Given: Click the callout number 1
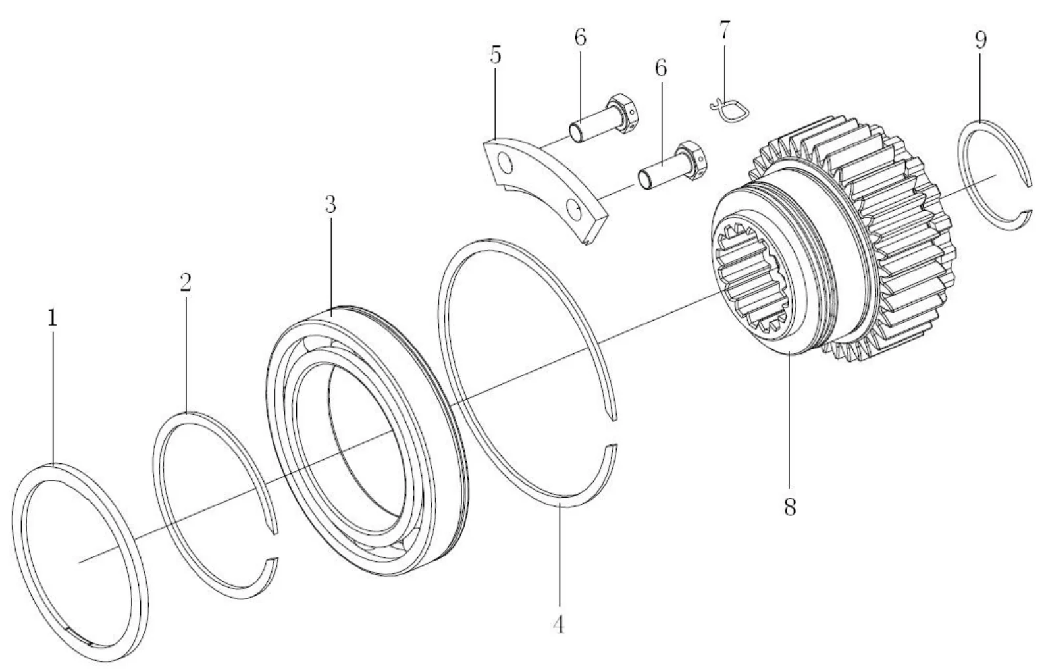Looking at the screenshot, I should [x=51, y=319].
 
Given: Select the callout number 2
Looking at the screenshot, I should [x=185, y=283].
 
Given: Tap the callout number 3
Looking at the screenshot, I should [x=330, y=205].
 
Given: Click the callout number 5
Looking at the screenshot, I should [x=495, y=56].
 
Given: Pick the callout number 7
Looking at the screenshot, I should [x=724, y=32].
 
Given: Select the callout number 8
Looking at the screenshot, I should [x=789, y=507].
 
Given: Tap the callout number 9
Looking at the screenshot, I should [x=980, y=41].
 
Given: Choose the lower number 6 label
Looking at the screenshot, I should [x=660, y=68].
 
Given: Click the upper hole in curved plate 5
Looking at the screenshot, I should [x=506, y=161].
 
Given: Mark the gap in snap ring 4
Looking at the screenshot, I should [x=611, y=431].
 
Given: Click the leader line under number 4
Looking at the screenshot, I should [x=559, y=559].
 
